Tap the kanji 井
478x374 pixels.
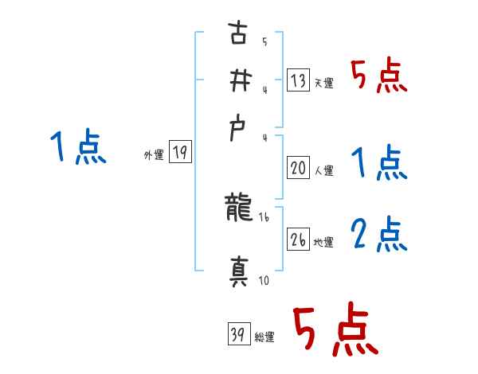(237, 80)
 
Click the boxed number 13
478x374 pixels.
(299, 80)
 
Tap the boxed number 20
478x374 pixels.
(299, 168)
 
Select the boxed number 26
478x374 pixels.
(299, 240)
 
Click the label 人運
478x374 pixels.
(323, 170)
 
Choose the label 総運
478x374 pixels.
(264, 337)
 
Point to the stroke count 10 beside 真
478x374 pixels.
(264, 281)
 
